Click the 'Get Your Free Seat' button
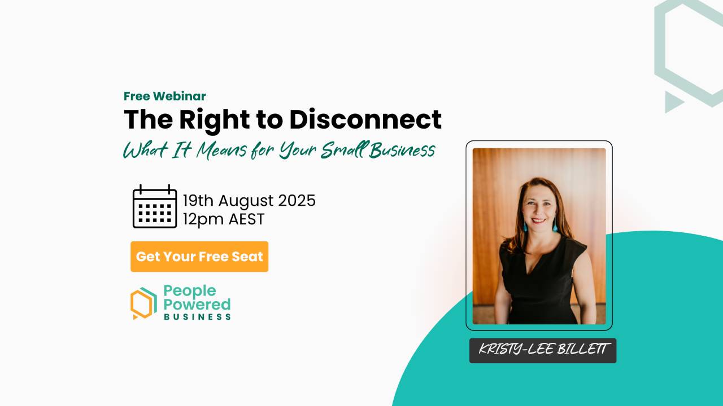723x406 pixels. click(x=199, y=257)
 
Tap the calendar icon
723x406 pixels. click(x=154, y=207)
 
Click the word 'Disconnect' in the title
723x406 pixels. click(x=365, y=120)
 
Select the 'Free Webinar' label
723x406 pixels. click(x=165, y=96)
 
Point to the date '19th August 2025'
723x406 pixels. click(x=249, y=200)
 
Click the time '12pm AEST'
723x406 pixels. click(x=224, y=219)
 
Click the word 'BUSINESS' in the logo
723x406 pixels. click(x=197, y=317)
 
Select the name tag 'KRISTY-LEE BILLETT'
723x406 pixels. click(x=543, y=350)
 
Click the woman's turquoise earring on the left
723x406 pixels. click(x=525, y=227)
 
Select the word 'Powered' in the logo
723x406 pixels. click(x=197, y=304)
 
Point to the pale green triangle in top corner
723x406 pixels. click(x=673, y=101)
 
